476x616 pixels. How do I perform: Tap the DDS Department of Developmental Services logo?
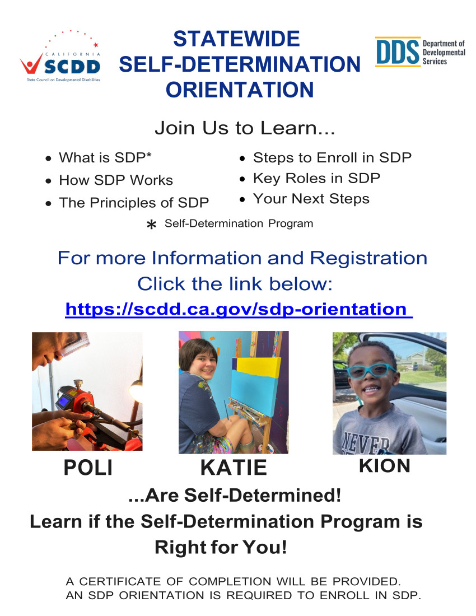point(420,52)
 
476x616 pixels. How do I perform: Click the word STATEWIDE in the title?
point(236,39)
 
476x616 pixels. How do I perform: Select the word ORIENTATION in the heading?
point(240,90)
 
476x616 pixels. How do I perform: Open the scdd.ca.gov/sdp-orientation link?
point(239,309)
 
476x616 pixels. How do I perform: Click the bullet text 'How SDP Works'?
point(116,180)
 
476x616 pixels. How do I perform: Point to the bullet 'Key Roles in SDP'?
point(316,178)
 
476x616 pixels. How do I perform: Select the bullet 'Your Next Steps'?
point(311,199)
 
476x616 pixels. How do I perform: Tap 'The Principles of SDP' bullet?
point(134,203)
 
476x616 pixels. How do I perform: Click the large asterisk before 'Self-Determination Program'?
point(151,225)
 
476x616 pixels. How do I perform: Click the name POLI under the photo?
point(88,468)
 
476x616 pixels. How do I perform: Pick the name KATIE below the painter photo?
point(234,468)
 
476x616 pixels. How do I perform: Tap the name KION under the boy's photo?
point(385,466)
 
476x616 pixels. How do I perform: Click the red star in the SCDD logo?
point(96,45)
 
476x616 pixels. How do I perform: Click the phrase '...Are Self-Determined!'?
point(235,496)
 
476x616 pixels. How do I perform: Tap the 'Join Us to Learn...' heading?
point(245,128)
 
